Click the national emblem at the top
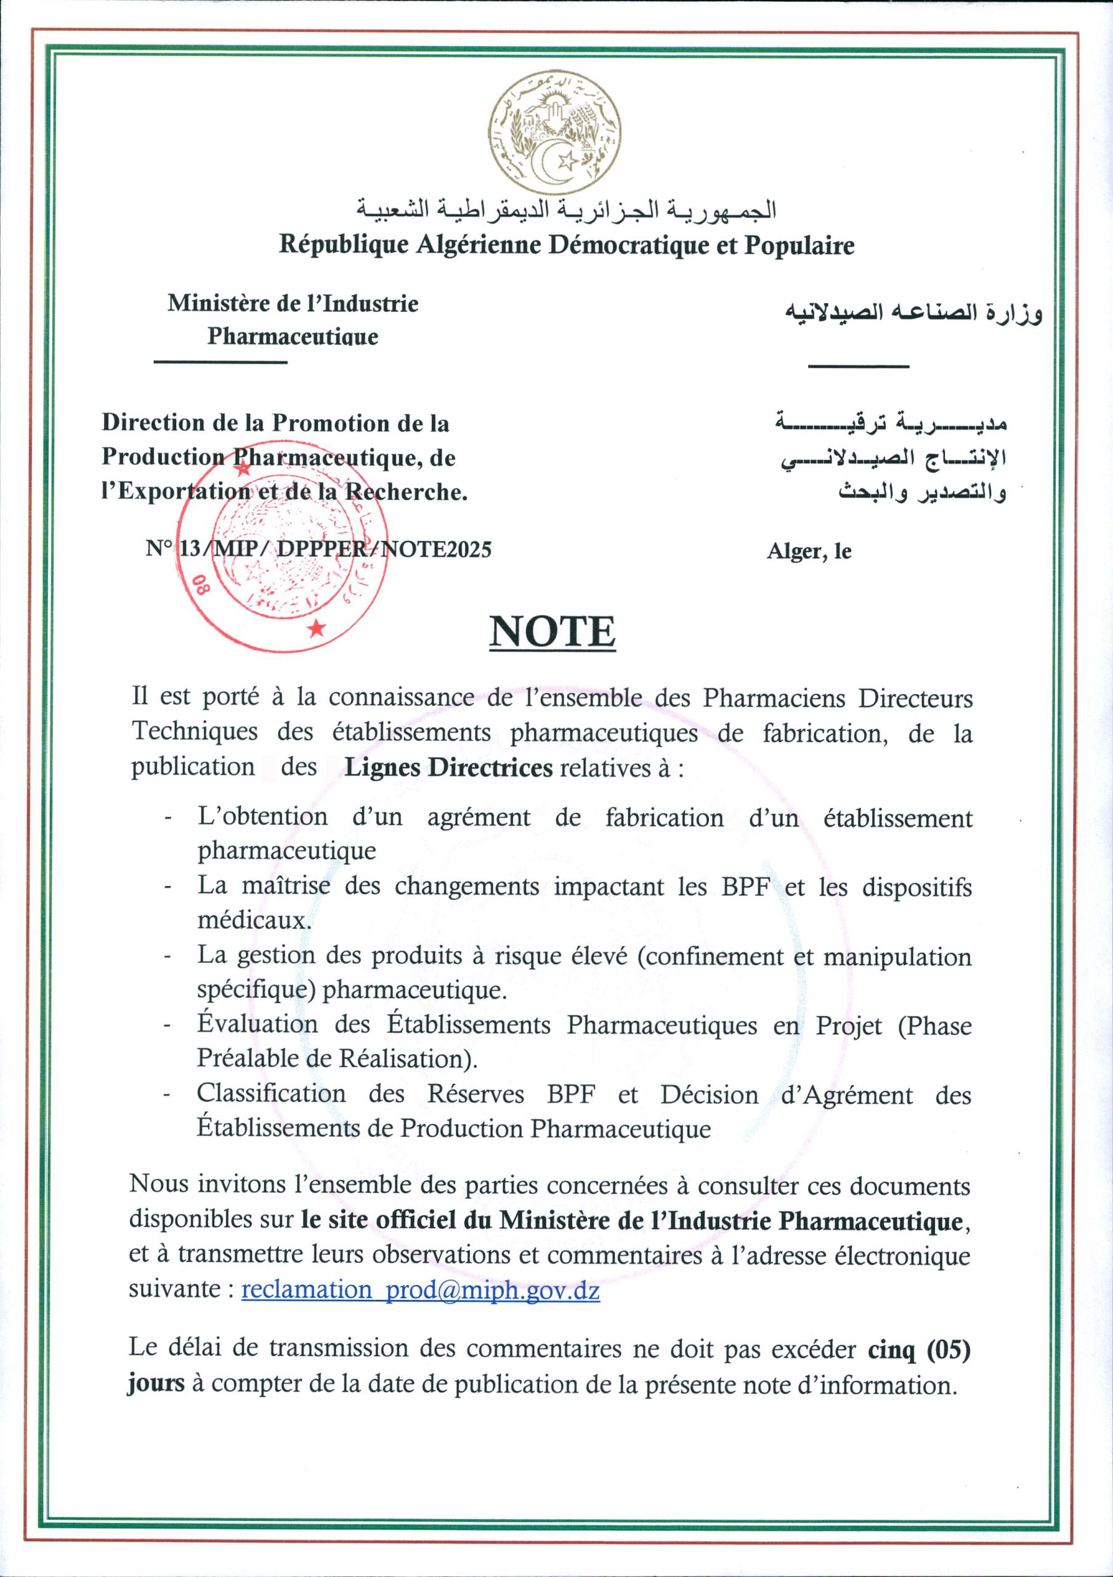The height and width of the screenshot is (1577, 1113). (x=555, y=132)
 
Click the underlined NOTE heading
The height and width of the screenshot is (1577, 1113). (x=552, y=632)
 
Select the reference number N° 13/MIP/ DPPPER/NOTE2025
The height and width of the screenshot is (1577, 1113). (x=318, y=549)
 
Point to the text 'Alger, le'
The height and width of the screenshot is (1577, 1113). (x=809, y=551)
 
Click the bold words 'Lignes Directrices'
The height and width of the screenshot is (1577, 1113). (x=448, y=767)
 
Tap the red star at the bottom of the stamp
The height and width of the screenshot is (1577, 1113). (x=317, y=628)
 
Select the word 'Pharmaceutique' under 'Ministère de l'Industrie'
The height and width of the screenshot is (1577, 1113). (x=293, y=337)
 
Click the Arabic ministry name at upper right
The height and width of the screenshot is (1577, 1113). (x=913, y=314)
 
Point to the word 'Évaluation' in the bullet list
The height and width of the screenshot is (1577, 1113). (x=257, y=1025)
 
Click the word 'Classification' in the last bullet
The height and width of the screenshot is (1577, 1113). (x=271, y=1093)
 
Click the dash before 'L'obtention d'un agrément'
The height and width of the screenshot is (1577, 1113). (x=168, y=819)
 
